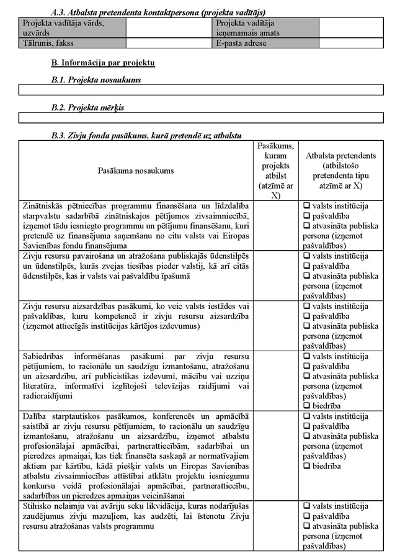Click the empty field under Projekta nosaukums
(201, 90)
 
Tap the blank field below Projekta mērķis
(201, 117)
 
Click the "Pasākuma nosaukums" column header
(136, 171)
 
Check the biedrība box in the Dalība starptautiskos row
(306, 465)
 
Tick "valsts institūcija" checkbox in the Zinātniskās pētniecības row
(306, 206)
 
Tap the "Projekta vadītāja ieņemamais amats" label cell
(266, 28)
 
